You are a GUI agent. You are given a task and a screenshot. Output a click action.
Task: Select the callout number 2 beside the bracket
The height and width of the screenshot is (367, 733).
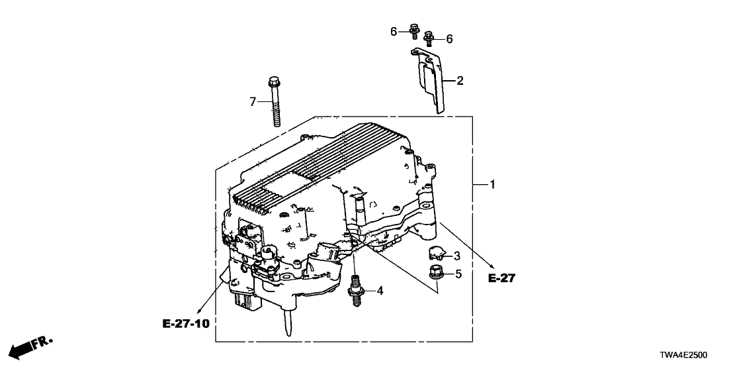[x=460, y=81]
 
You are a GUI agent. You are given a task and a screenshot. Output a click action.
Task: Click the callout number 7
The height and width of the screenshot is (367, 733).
[x=252, y=101]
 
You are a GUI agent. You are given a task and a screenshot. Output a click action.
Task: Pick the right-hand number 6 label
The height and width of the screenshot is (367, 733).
[x=449, y=39]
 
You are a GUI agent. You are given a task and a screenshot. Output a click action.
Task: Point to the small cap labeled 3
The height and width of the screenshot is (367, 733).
[x=437, y=252]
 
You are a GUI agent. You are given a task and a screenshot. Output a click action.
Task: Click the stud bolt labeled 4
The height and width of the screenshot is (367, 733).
[x=355, y=291]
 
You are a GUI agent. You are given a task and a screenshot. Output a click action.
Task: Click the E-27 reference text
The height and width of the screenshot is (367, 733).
[x=501, y=279]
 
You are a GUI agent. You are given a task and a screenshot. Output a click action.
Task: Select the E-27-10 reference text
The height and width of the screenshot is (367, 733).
[x=186, y=324]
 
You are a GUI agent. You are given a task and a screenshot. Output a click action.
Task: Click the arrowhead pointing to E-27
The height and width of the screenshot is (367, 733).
[x=492, y=266]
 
